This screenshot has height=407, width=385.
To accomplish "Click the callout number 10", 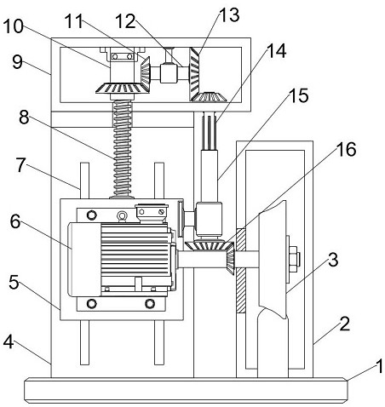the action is click(x=13, y=26).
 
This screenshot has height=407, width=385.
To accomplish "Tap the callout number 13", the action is click(x=229, y=14).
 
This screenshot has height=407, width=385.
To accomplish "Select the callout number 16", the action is click(x=346, y=149).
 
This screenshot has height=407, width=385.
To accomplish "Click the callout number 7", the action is click(x=20, y=165).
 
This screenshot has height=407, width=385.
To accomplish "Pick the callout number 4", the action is click(x=9, y=341).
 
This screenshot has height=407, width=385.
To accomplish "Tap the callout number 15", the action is click(x=299, y=95).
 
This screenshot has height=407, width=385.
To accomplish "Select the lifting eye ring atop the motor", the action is click(x=123, y=216).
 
